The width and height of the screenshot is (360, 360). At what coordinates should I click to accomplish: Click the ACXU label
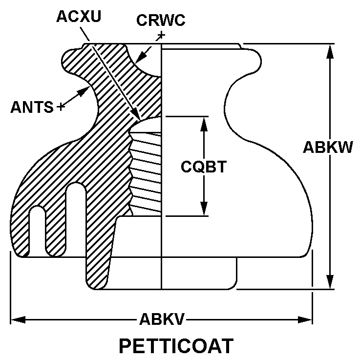coord(79,17)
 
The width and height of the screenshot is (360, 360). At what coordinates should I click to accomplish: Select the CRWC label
coord(161,20)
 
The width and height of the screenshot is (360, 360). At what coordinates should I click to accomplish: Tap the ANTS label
coord(32,107)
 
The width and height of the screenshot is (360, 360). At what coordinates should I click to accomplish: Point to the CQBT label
coord(204,167)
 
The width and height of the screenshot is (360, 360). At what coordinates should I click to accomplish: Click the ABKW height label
coord(328,147)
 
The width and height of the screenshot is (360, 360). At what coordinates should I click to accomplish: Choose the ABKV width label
coord(162,319)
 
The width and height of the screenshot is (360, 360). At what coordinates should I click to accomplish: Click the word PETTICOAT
coord(176,346)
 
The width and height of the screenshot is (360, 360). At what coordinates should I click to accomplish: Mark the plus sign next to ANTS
coord(61,106)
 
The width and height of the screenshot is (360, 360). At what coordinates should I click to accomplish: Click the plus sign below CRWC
coord(161,35)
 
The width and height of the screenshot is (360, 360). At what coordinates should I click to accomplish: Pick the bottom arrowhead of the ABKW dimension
coord(330,282)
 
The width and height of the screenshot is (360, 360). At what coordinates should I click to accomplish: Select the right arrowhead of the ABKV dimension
coord(305,319)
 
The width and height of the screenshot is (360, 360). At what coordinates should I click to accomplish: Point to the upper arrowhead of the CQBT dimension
coord(204,124)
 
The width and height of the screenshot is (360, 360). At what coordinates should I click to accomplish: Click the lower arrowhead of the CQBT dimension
coord(204,209)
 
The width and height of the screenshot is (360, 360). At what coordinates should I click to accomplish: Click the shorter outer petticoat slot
coord(38,231)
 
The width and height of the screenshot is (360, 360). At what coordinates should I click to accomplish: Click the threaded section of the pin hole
coord(145,172)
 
